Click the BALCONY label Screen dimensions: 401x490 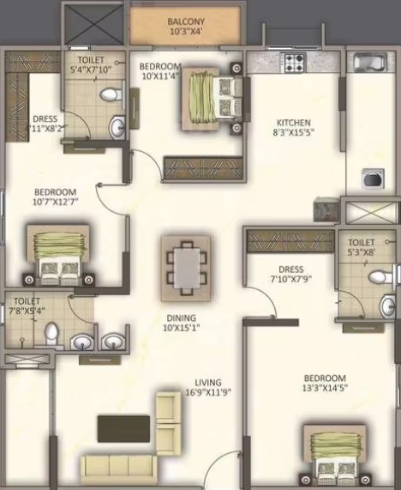(x=186, y=21)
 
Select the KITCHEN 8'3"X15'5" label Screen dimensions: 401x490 (x=293, y=127)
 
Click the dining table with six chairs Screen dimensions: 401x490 (x=187, y=268)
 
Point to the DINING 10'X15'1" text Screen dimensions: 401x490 (x=182, y=323)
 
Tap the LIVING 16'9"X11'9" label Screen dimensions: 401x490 (x=208, y=387)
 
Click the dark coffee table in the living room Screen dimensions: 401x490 (x=124, y=428)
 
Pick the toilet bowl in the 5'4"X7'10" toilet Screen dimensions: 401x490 (x=111, y=94)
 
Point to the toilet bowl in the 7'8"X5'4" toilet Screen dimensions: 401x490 (x=51, y=333)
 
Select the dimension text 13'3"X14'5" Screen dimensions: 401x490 (x=325, y=388)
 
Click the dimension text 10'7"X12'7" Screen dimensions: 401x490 (x=55, y=202)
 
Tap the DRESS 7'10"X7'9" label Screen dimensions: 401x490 (x=290, y=274)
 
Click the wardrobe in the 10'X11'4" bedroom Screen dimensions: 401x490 (x=203, y=168)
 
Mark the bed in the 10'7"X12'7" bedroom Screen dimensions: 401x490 (x=58, y=255)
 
